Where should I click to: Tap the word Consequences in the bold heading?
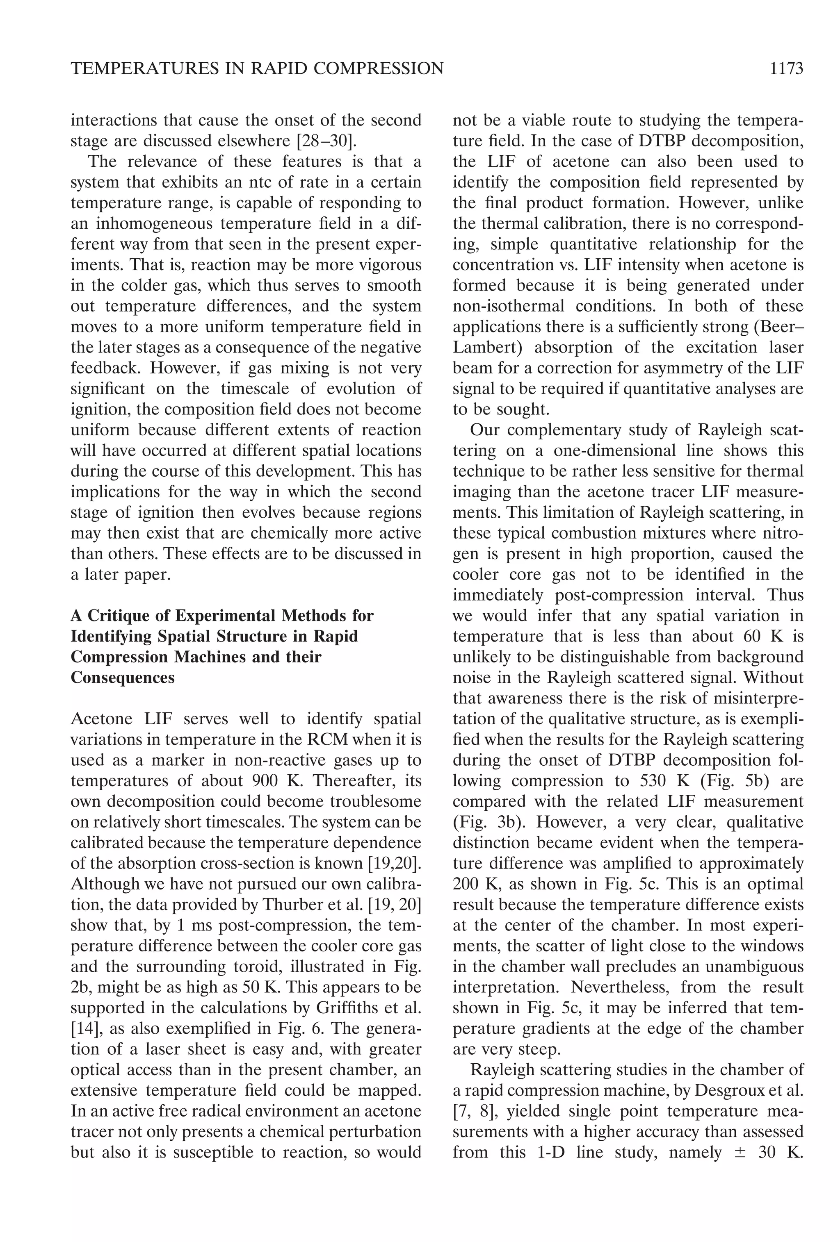[123, 678]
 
